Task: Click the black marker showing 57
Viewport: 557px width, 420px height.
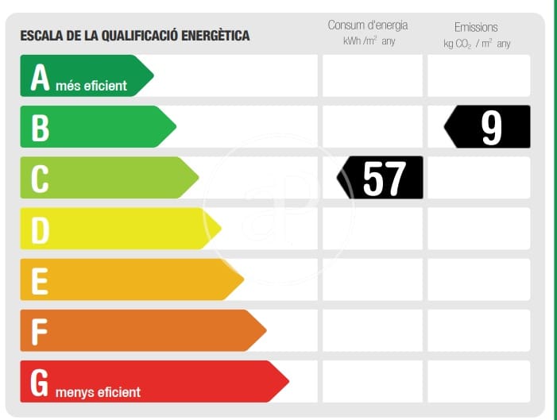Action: (x=382, y=178)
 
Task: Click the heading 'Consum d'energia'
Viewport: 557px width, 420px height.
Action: (x=367, y=25)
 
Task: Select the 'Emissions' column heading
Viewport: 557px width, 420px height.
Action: (x=476, y=27)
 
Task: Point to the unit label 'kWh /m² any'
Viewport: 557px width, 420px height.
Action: (x=369, y=41)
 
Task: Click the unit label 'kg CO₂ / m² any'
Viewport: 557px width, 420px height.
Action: (x=477, y=44)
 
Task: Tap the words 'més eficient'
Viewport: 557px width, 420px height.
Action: (x=91, y=86)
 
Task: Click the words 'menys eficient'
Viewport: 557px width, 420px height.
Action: (x=98, y=392)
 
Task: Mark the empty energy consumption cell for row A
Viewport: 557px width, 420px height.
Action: (x=373, y=76)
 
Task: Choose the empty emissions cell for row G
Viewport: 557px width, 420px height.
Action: (x=478, y=381)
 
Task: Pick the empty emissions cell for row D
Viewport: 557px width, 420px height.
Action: (x=478, y=229)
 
